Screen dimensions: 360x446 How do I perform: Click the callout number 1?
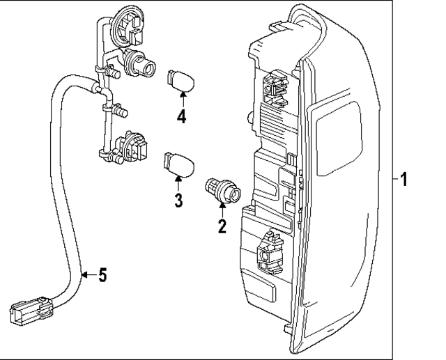click(x=404, y=180)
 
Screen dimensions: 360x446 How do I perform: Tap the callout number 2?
click(x=222, y=226)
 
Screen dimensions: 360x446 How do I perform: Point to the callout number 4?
click(x=181, y=116)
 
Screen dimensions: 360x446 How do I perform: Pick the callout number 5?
click(x=102, y=276)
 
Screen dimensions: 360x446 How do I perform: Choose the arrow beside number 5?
click(x=87, y=276)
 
